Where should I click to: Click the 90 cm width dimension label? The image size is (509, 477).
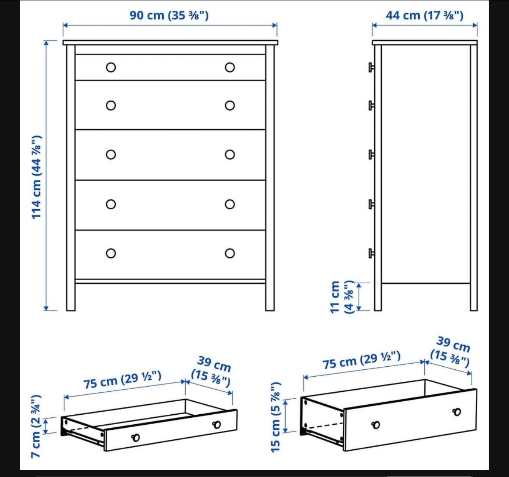click(169, 16)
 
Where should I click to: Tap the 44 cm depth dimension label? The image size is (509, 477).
click(424, 16)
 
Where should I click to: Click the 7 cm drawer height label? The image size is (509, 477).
click(36, 426)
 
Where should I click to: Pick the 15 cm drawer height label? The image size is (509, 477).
click(276, 417)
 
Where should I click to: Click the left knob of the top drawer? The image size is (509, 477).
click(111, 67)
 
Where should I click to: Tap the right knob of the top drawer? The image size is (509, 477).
click(230, 67)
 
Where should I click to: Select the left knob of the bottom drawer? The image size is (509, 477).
click(111, 253)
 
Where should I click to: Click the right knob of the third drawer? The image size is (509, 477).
click(230, 155)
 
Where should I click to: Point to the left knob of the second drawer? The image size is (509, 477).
click(111, 106)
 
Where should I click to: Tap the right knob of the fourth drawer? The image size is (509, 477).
click(230, 204)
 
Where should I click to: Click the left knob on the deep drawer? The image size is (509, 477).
click(376, 425)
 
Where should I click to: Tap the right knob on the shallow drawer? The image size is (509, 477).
click(216, 425)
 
